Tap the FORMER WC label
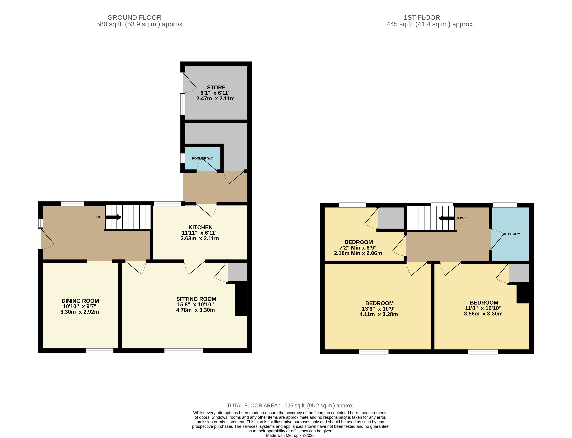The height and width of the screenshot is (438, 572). tap(202, 158)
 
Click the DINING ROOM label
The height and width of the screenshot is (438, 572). tap(80, 301)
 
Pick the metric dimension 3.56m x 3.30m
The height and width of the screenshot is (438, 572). tap(483, 314)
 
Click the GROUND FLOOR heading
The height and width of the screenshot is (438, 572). tap(134, 18)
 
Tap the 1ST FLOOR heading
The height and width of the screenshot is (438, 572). tap(422, 18)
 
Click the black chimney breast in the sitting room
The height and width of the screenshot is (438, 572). tap(241, 300)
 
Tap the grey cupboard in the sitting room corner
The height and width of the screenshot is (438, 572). tap(237, 272)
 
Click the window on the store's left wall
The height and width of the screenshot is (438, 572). tap(183, 104)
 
